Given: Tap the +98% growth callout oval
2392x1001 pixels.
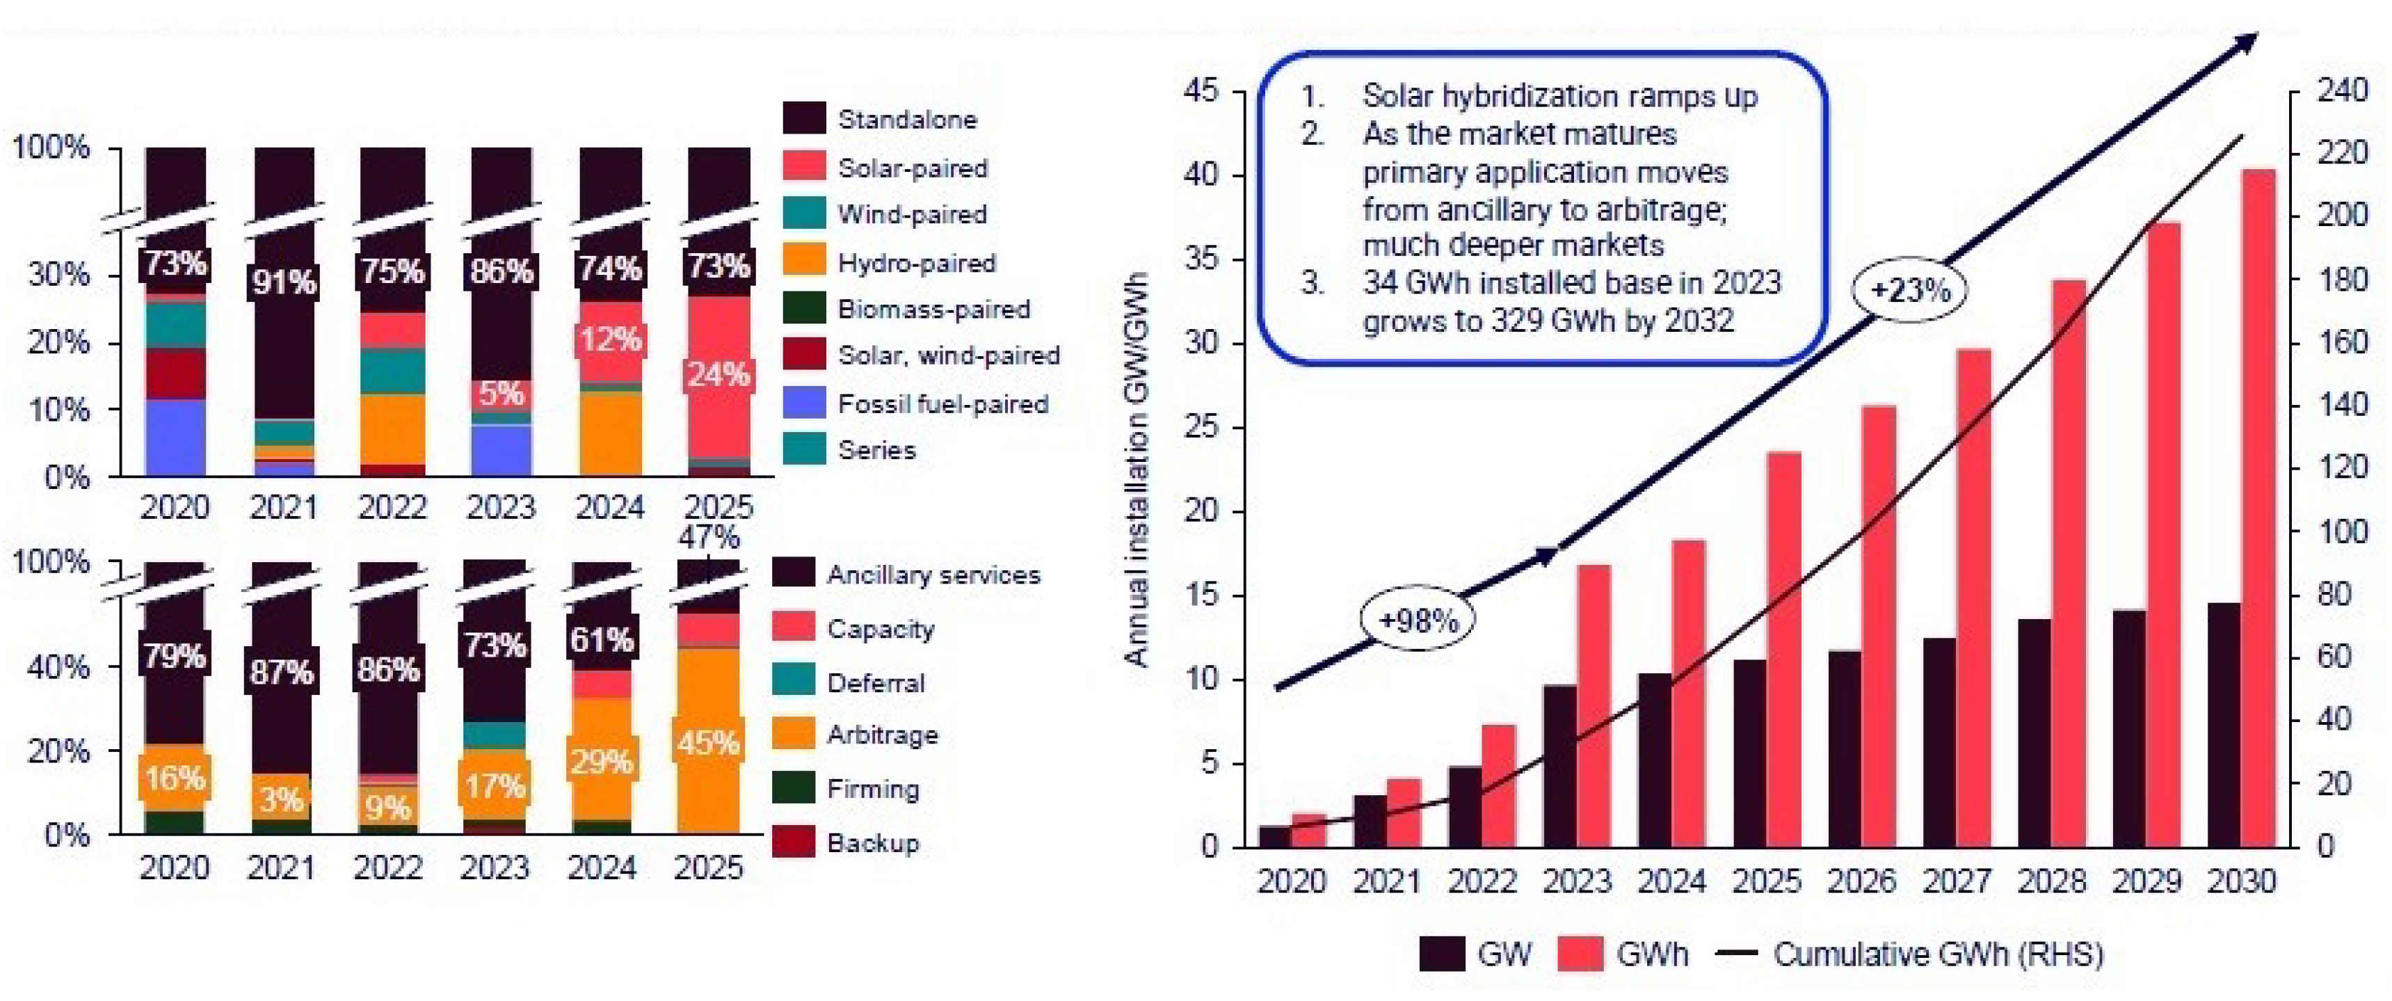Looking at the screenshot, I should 1417,618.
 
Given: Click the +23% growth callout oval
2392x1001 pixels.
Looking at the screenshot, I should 1910,291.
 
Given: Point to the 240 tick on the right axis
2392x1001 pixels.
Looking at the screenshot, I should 2342,91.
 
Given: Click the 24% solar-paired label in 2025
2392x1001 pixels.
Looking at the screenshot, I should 718,375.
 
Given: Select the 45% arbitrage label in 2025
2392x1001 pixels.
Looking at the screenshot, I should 709,744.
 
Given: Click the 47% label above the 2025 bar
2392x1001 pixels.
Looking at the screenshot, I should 709,537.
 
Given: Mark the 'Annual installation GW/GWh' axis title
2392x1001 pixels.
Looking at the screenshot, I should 1137,469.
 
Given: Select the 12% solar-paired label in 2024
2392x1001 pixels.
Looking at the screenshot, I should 609,340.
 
